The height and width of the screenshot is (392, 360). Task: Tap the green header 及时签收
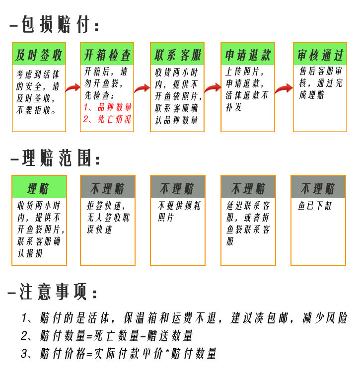(x=39, y=55)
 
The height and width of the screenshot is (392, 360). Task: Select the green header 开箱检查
(x=107, y=55)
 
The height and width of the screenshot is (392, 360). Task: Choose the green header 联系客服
(x=178, y=55)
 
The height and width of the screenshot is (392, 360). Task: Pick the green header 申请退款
(x=247, y=55)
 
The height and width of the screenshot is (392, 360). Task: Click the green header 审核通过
(x=320, y=55)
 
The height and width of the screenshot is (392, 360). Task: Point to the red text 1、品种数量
(x=108, y=107)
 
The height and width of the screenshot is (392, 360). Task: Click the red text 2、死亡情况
(x=107, y=119)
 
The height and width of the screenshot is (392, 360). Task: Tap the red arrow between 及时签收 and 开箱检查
(x=73, y=88)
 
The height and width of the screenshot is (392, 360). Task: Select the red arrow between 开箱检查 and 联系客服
(x=143, y=88)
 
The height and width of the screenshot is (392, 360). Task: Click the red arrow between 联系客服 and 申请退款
(x=213, y=88)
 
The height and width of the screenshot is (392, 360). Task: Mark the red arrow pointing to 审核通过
(x=284, y=88)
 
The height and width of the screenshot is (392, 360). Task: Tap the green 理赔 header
(x=39, y=188)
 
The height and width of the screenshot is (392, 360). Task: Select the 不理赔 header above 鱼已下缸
(x=318, y=188)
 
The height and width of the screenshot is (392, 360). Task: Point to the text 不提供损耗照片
(x=179, y=211)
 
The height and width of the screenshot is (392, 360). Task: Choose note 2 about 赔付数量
(x=107, y=336)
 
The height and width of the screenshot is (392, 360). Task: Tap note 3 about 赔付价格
(x=119, y=354)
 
